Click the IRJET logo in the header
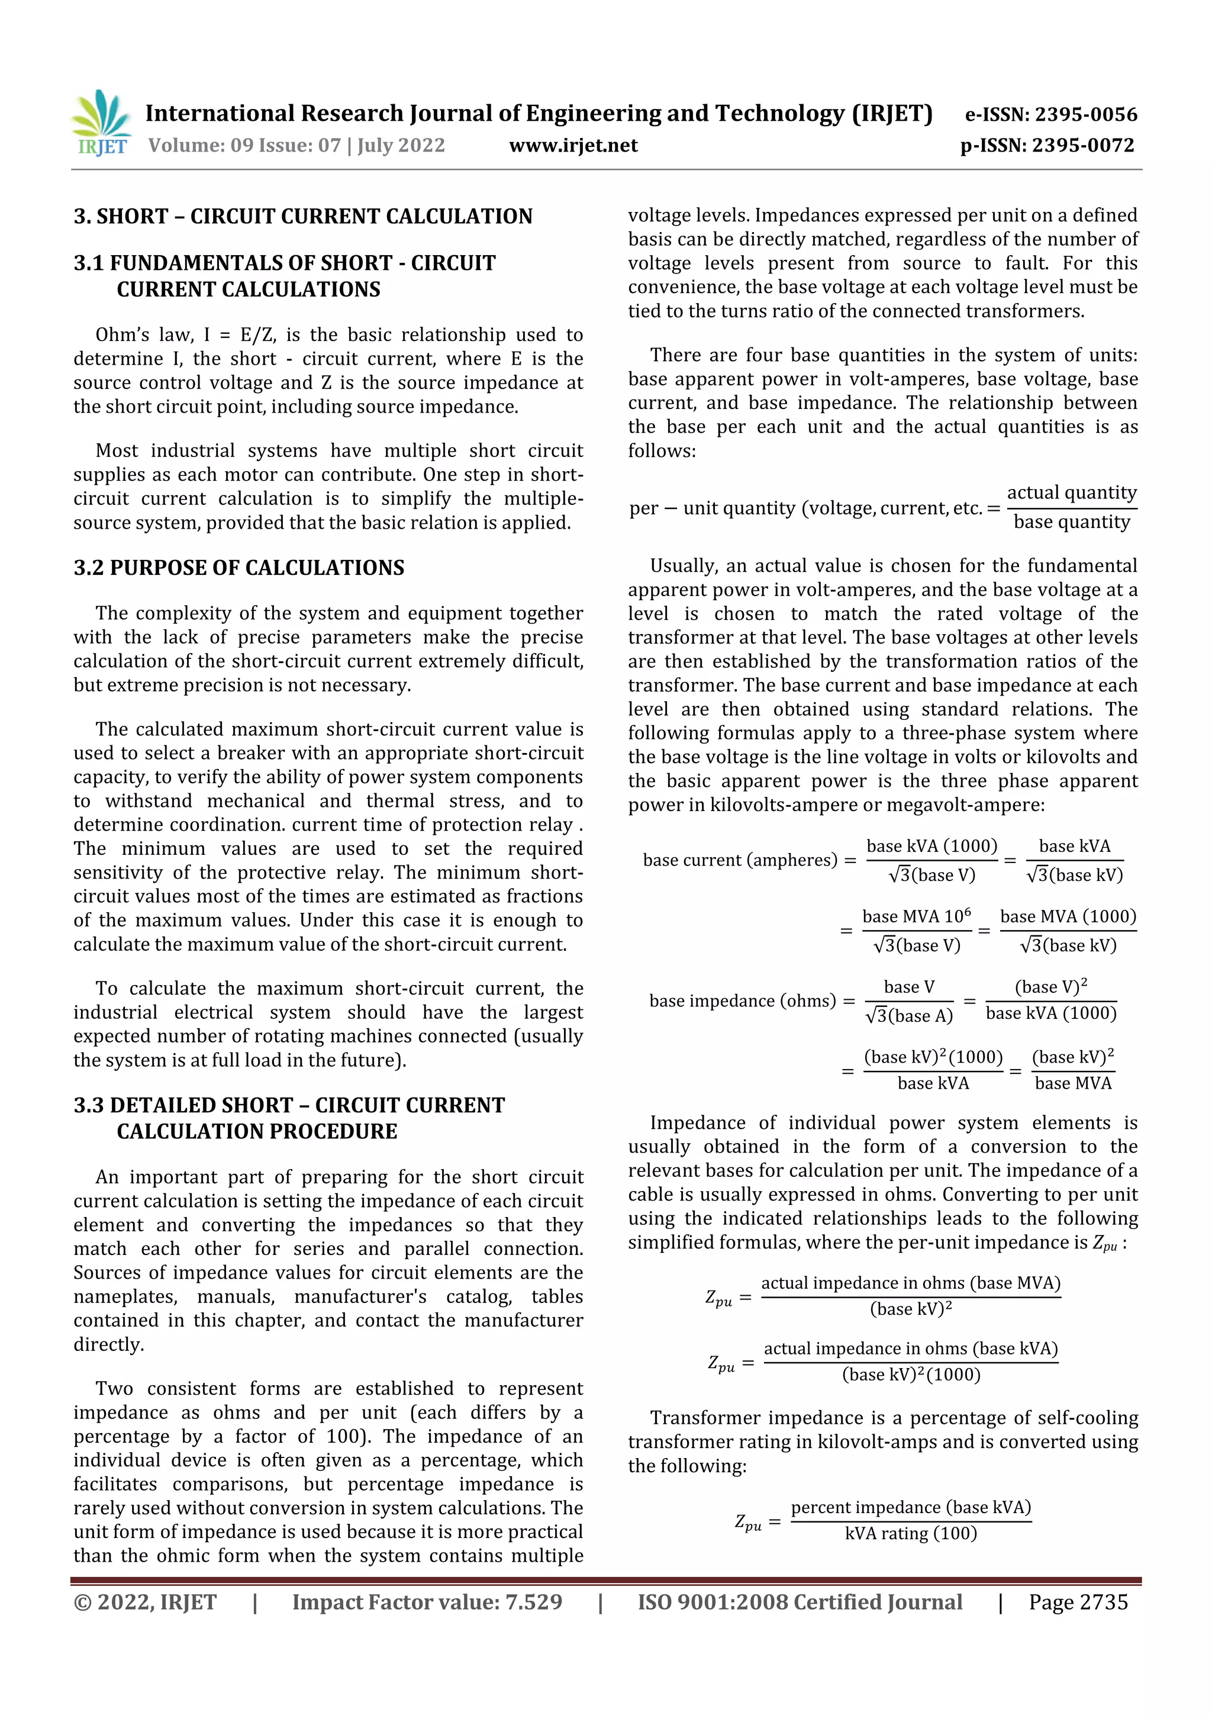coord(102,124)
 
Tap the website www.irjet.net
coord(573,145)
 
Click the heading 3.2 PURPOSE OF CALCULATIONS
coord(238,568)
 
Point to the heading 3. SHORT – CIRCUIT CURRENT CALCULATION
coord(302,217)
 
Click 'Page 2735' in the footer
coord(1078,1601)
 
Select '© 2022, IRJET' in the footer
coord(145,1601)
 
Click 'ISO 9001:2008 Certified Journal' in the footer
coord(799,1601)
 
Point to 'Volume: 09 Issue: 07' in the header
coord(244,145)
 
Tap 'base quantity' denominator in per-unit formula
coord(1071,522)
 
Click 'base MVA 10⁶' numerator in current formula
coord(916,916)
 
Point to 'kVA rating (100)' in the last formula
coord(910,1533)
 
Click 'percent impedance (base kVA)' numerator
coord(910,1507)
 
